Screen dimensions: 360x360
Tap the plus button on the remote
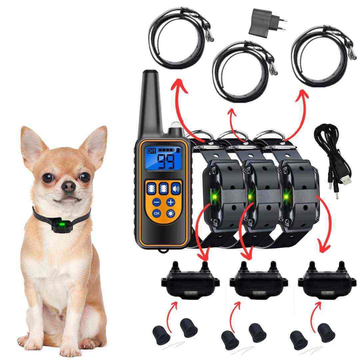tap(171, 202)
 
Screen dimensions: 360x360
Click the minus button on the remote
tap(157, 202)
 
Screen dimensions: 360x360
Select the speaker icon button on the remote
tap(176, 189)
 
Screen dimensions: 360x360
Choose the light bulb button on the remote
tap(171, 214)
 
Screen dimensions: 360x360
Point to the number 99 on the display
tap(166, 161)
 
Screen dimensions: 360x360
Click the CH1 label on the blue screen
tap(151, 151)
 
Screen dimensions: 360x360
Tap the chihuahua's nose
tap(68, 186)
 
